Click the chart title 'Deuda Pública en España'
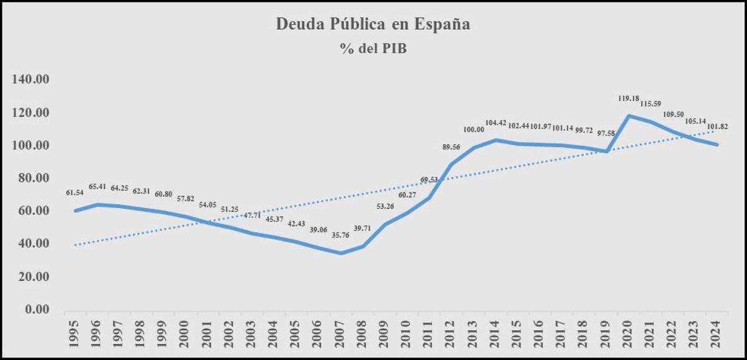pyautogui.click(x=373, y=25)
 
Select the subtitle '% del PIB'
pyautogui.click(x=373, y=49)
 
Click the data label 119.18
pyautogui.click(x=629, y=98)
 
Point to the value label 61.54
pyautogui.click(x=75, y=192)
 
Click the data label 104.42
pyautogui.click(x=497, y=123)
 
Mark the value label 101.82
pyautogui.click(x=716, y=126)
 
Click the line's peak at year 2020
pyautogui.click(x=629, y=115)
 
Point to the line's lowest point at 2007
pyautogui.click(x=341, y=253)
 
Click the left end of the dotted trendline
pyautogui.click(x=75, y=245)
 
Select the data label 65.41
pyautogui.click(x=97, y=186)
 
